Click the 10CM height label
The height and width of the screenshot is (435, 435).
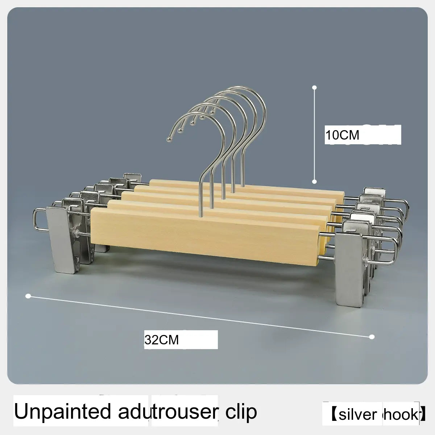(342, 135)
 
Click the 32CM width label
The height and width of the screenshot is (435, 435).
(162, 340)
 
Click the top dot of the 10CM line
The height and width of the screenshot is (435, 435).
(315, 87)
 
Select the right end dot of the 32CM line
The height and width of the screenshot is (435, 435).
(372, 337)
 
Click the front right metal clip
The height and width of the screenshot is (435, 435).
(348, 268)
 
